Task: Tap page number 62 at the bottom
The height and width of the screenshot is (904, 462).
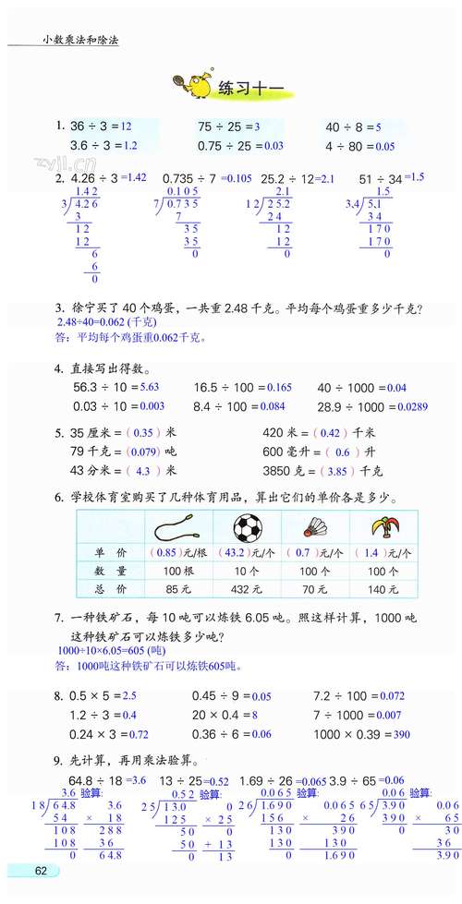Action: [41, 870]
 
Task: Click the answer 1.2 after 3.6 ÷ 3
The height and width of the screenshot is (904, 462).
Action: [129, 146]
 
